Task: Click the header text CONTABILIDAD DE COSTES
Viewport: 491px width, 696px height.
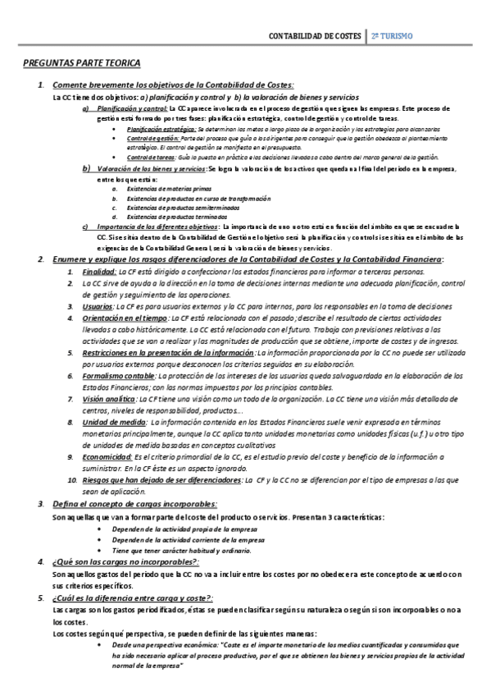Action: coord(314,36)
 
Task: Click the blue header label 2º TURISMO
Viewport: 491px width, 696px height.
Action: coord(392,36)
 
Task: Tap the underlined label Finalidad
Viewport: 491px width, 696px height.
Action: coord(98,271)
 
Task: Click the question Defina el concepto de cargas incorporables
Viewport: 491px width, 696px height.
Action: coord(134,503)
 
